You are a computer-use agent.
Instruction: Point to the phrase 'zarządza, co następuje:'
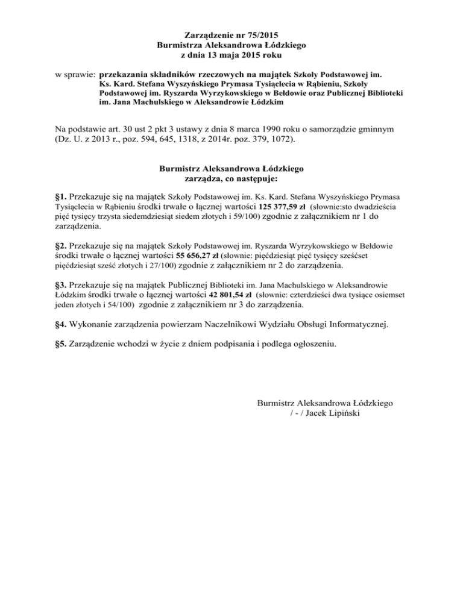[x=231, y=178]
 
